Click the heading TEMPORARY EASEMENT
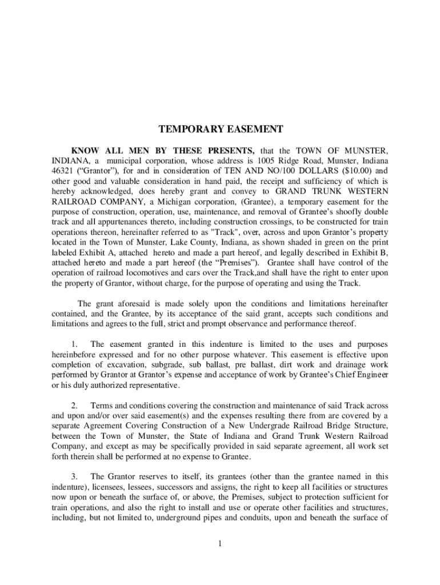coord(220,130)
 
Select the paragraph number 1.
coord(74,344)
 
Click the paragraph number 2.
coord(74,405)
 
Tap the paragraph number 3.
coord(74,476)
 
